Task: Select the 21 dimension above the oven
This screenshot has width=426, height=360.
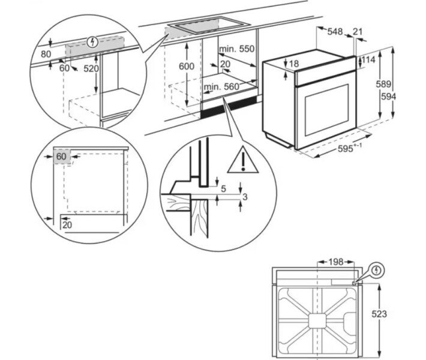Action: (358, 31)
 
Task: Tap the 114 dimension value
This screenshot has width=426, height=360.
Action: (368, 60)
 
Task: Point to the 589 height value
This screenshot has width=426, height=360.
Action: (383, 85)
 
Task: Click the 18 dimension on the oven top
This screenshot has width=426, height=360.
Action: (293, 64)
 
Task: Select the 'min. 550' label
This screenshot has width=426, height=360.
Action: (236, 48)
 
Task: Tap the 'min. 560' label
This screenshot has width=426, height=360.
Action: (220, 87)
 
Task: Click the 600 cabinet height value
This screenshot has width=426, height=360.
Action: (187, 67)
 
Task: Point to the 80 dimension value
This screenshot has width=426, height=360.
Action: (46, 53)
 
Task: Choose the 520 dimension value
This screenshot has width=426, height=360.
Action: (91, 68)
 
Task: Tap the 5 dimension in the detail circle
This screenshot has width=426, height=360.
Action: (223, 189)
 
